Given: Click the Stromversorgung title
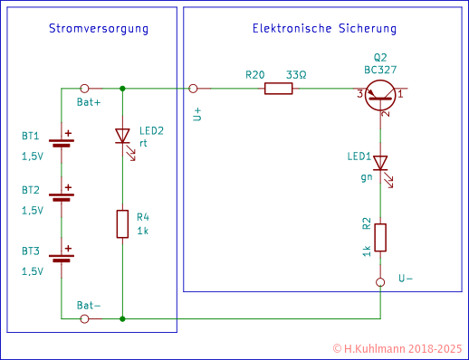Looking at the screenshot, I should coord(98,30).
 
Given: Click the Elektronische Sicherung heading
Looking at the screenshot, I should coord(323,30).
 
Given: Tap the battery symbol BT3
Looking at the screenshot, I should coord(62,255).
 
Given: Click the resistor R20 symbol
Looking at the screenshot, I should coord(278,90).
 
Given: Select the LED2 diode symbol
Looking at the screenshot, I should coord(122,137).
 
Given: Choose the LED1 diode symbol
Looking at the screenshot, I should coord(380,164).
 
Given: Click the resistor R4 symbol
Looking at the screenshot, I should coord(122,223).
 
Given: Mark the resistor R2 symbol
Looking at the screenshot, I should coord(380,237).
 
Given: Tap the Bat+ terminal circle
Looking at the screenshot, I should coord(84,90).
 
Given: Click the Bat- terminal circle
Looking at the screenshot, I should coord(84,318).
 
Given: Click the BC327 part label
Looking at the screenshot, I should coord(380,69).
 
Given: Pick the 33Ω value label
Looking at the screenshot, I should coord(296,75).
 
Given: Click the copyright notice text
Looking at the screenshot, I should coord(397,347).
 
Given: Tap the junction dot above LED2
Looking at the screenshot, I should coord(122,90).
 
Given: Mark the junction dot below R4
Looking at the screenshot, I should coord(122,318).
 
